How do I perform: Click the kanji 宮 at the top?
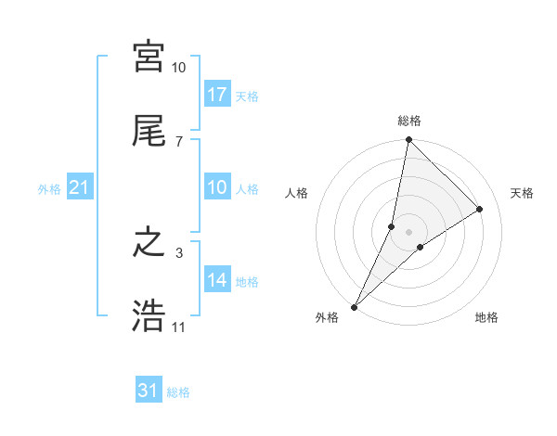[x=149, y=57]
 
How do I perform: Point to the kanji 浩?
[x=149, y=316]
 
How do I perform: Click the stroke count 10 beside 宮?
[x=178, y=68]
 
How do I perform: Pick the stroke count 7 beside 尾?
[x=178, y=141]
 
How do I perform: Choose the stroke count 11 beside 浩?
[x=178, y=327]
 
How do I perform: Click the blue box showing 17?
[x=217, y=95]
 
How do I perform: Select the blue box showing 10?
[x=217, y=188]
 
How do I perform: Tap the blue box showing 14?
[x=217, y=281]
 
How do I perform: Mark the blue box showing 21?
[x=80, y=188]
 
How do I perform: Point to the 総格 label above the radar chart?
[x=408, y=121]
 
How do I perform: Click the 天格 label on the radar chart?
[x=522, y=193]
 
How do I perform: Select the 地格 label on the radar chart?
[x=486, y=318]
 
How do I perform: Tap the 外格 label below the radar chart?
[x=327, y=318]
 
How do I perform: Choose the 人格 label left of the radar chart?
[x=296, y=193]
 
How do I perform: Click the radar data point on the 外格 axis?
[x=354, y=306]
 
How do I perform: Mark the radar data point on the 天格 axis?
[x=480, y=209]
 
